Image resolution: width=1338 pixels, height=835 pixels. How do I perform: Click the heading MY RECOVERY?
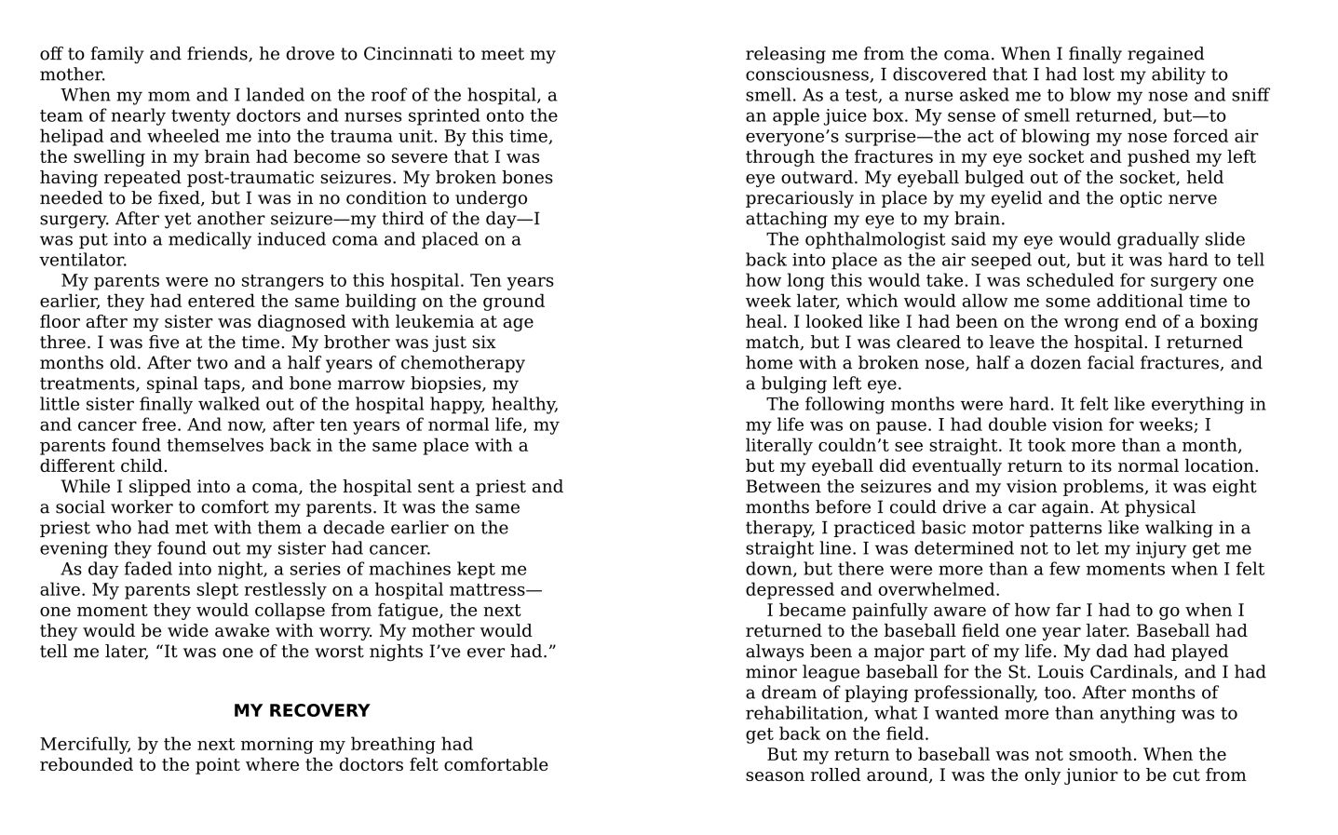pyautogui.click(x=301, y=711)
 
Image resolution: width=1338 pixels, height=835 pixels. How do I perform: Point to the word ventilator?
pyautogui.click(x=83, y=261)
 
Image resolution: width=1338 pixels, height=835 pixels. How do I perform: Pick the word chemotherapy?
pyautogui.click(x=468, y=363)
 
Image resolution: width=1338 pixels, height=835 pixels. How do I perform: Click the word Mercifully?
pyautogui.click(x=84, y=745)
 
